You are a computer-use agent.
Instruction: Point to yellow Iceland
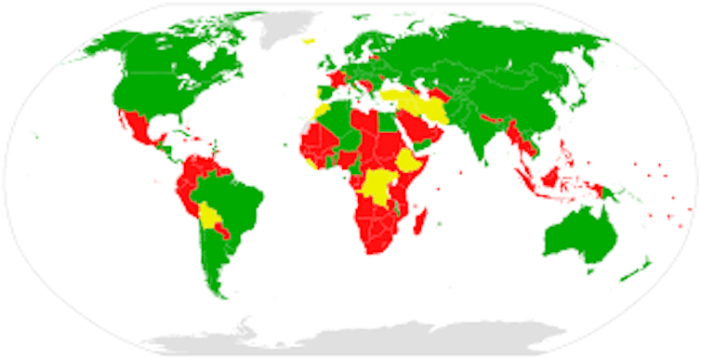(x=309, y=41)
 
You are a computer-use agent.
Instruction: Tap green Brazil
(x=237, y=200)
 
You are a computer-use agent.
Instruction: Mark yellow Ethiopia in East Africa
(x=410, y=164)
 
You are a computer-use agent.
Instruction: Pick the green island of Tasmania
(x=589, y=271)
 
